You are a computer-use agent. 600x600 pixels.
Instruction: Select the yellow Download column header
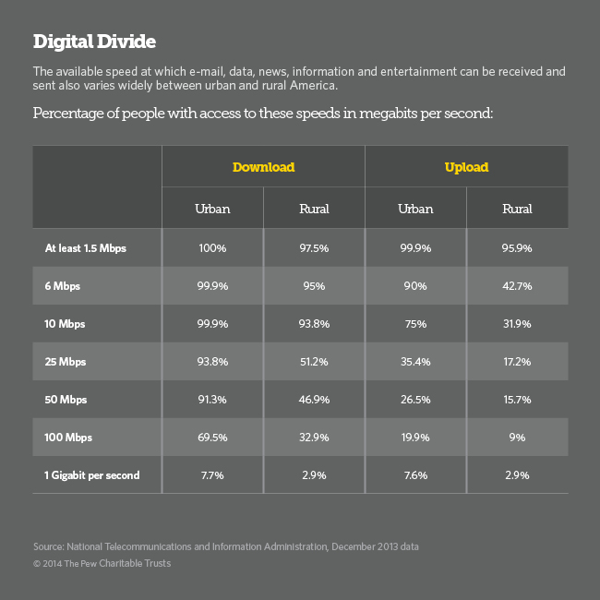coord(263,167)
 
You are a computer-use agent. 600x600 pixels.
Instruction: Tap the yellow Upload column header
coord(466,167)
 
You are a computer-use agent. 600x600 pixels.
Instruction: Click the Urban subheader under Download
coord(212,209)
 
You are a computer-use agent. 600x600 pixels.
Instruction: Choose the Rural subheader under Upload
coord(517,209)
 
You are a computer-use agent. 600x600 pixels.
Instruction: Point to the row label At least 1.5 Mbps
coord(87,248)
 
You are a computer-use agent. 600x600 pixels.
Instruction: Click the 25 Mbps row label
coord(65,362)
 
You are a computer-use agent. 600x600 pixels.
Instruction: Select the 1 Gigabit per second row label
coord(92,475)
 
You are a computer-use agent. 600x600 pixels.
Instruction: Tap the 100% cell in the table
coord(212,248)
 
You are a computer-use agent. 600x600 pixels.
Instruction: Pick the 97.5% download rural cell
coord(314,248)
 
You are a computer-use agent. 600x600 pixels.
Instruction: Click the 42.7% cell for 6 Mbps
coord(517,286)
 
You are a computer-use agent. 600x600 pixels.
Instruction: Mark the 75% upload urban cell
coord(415,324)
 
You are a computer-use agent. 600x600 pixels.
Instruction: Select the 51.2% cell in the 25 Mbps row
coord(314,362)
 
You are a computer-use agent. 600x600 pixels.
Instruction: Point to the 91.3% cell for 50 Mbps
coord(212,400)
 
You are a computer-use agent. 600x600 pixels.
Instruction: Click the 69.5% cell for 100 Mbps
coord(212,438)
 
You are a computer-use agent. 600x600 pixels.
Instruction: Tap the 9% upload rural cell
coord(517,438)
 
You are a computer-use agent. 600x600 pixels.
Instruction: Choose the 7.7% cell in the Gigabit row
coord(212,475)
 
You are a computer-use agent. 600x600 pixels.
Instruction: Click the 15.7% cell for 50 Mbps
coord(517,400)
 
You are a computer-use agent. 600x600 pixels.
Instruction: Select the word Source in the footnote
coord(50,546)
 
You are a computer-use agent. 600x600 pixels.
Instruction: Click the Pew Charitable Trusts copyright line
coord(102,563)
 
